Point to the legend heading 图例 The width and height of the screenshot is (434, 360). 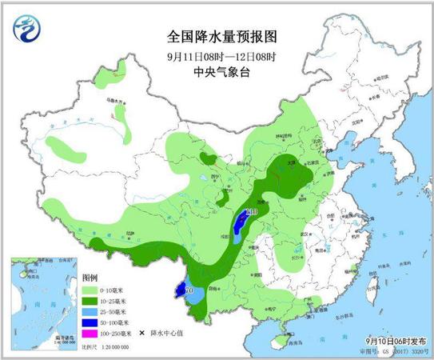tap(89, 278)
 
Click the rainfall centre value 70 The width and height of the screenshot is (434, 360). tap(189, 290)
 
